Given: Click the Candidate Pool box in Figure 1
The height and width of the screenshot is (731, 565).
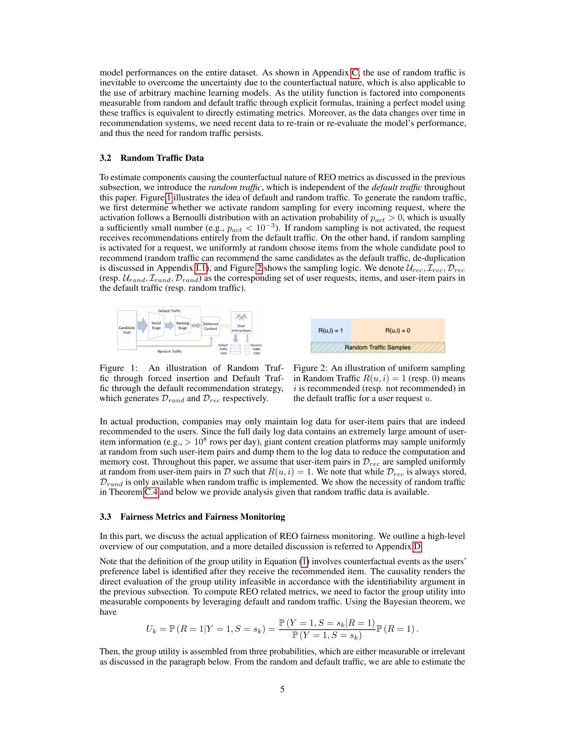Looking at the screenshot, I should coord(127,330).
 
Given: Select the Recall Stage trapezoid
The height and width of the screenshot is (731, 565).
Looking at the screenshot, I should coord(156,325).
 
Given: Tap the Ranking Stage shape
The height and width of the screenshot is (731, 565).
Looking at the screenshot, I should coord(182,325).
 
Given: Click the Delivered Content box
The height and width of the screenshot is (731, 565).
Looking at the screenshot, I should coord(210,326).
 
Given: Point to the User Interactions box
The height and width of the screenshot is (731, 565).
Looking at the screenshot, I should coord(241,323).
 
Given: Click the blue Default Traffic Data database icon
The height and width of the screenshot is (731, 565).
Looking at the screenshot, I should coord(235,349).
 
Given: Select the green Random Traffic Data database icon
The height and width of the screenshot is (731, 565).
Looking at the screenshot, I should coord(247,349).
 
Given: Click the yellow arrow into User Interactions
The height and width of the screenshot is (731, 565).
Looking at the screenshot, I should coord(225,326).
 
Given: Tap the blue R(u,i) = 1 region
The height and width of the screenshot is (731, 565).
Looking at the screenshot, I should coord(330,330).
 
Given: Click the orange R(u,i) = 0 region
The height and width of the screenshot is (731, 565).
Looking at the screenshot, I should coord(397,330).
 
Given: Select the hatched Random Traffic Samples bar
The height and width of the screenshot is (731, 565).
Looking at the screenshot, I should coord(377,347).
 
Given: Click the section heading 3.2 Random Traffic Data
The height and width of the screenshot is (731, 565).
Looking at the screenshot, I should coord(152,158).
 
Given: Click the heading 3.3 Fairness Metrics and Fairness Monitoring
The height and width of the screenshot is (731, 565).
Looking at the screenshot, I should coord(192,517).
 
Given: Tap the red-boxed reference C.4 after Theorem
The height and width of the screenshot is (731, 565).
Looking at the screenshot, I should coord(151,492).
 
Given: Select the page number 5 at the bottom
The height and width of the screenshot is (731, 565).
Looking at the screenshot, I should coord(282,689).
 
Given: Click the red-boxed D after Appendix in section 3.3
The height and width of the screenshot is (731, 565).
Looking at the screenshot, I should coord(417,547).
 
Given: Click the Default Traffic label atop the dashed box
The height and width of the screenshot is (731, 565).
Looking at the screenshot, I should coord(169,311).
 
